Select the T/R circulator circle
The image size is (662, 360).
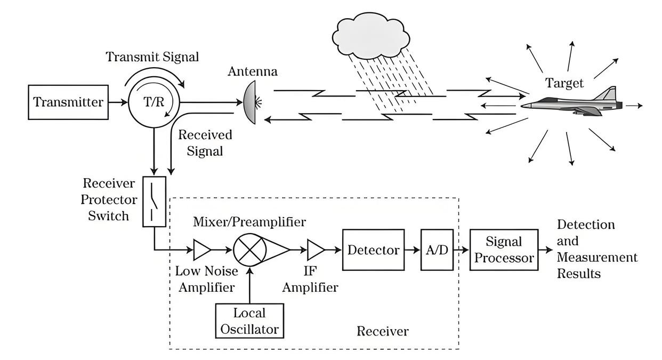pos(154,102)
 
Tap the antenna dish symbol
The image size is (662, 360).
pos(250,101)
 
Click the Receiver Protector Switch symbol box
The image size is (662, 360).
pos(155,202)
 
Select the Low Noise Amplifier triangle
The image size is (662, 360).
pos(201,249)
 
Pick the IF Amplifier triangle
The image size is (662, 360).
pos(316,249)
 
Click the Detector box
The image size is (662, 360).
pos(373,250)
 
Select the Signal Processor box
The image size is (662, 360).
pos(504,250)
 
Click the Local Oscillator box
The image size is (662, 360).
pos(249,321)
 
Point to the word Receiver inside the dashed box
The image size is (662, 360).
pos(382,332)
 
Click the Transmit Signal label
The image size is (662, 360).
pos(152,57)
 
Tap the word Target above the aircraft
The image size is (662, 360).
pos(564,83)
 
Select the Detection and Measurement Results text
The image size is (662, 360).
pos(596,249)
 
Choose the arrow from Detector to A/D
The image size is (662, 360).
pos(412,250)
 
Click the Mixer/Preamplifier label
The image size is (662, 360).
pos(249,221)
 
